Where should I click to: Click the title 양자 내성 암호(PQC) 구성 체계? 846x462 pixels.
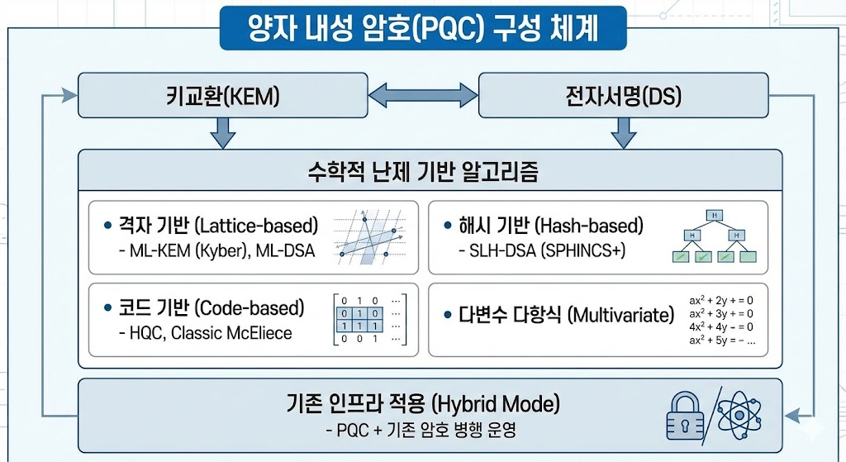click(422, 28)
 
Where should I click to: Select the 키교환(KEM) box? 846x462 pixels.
click(222, 96)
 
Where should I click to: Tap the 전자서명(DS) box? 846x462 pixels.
click(623, 96)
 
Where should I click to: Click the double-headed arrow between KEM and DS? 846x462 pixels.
click(423, 96)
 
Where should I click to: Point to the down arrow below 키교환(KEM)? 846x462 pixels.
click(222, 132)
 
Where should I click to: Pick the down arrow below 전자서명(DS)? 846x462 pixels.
click(623, 132)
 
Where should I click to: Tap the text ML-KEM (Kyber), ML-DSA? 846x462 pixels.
click(216, 250)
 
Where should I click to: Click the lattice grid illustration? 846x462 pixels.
click(369, 236)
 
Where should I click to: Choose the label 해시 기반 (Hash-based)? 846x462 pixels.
click(550, 225)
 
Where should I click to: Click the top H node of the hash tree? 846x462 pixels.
click(713, 216)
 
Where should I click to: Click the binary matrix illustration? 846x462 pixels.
click(369, 319)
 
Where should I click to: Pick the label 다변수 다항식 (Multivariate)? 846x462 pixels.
click(566, 316)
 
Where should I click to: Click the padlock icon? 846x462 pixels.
click(687, 413)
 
